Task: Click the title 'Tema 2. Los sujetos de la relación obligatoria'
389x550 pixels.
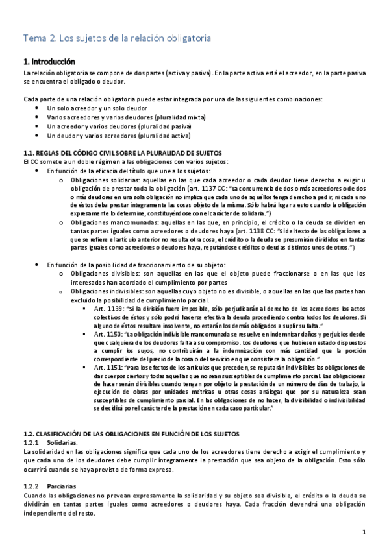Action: pos(117,38)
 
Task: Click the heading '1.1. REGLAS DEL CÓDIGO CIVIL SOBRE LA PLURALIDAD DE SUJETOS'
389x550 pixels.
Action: pos(122,152)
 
